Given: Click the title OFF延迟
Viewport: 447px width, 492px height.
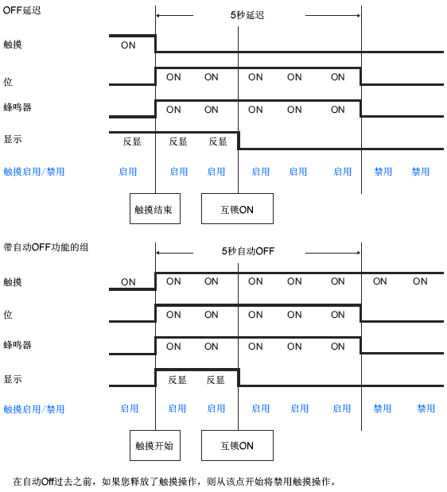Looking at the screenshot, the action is click(x=22, y=10).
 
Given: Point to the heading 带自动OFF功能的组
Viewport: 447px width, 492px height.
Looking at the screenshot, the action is click(x=46, y=247).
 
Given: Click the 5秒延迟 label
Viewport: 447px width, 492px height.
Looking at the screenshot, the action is click(x=247, y=15).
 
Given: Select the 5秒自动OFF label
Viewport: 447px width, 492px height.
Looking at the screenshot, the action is click(x=248, y=251).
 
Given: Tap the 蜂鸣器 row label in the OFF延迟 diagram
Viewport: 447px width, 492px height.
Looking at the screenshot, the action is click(x=17, y=107).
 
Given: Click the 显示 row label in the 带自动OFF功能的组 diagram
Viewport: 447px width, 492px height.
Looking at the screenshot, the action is click(x=13, y=379).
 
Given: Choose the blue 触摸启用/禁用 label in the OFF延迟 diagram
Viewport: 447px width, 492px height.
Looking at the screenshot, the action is click(x=34, y=172).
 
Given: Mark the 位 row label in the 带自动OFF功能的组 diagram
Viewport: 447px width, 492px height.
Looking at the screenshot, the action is click(x=8, y=315).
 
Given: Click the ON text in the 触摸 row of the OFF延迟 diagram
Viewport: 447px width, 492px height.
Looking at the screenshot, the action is click(x=128, y=45).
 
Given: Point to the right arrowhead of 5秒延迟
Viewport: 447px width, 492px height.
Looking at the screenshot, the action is click(x=359, y=15).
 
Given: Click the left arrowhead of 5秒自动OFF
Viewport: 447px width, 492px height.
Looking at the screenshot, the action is click(x=158, y=253).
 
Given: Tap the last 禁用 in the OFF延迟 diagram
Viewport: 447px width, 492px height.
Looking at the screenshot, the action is click(x=420, y=172).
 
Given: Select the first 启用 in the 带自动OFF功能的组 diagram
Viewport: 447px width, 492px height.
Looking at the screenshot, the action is click(x=130, y=409).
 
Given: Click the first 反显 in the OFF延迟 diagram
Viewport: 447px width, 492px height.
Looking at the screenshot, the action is click(x=132, y=141).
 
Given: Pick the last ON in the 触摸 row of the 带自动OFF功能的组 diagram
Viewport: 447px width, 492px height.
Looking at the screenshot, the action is click(x=420, y=281).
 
